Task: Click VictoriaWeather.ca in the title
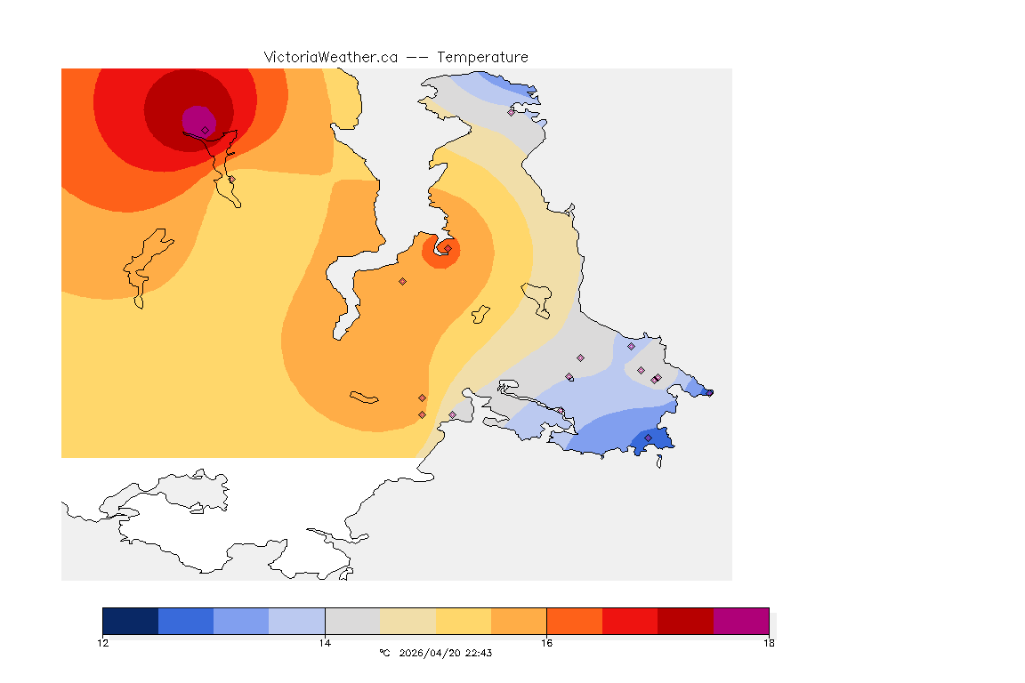point(330,57)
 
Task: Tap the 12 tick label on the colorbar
point(103,642)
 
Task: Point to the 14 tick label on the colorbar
point(325,642)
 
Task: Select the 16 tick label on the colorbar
point(546,642)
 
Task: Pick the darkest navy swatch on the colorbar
point(130,621)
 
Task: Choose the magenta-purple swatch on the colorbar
point(740,621)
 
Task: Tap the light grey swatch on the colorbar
point(352,621)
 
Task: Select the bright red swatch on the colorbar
point(629,621)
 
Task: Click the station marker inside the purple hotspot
point(205,130)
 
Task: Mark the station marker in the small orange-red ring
point(448,249)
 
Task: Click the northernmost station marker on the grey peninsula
point(511,112)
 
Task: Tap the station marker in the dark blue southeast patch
point(648,438)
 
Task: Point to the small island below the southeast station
point(659,460)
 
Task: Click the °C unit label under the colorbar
point(384,653)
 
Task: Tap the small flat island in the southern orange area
point(365,397)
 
